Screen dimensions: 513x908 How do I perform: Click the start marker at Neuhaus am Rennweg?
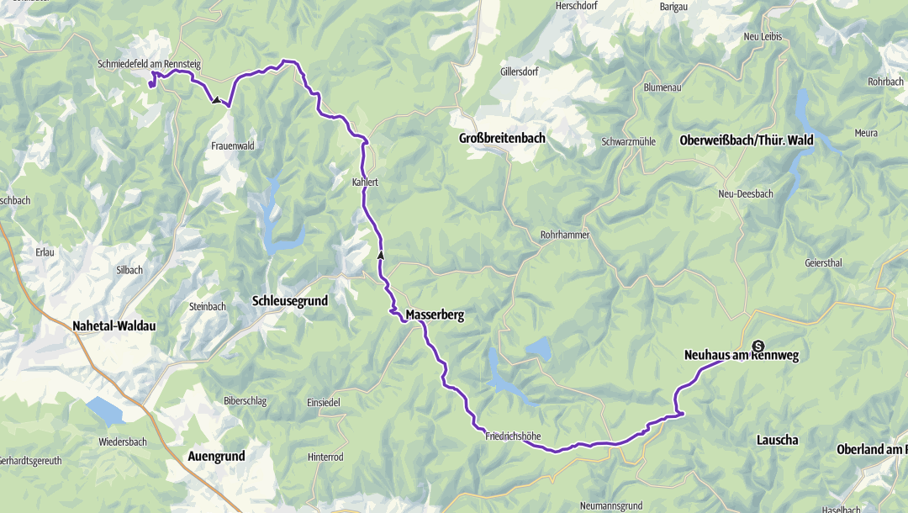[x=758, y=346]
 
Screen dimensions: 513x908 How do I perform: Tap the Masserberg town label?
[x=435, y=315]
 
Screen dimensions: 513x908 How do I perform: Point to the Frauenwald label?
[x=233, y=145]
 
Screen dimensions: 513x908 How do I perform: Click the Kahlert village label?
[x=366, y=181]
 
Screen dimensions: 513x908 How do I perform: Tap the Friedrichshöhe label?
[x=512, y=436]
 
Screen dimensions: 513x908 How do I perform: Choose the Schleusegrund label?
[x=290, y=300]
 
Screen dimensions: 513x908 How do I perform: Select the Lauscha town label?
[x=777, y=440]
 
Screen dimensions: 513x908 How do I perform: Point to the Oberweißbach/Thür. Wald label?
[x=747, y=140]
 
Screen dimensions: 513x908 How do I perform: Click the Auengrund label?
[x=216, y=456]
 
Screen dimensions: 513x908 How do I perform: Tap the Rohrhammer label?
[x=565, y=235]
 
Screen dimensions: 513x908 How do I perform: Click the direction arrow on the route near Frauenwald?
[x=217, y=100]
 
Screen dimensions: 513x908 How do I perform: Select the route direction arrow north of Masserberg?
[x=380, y=255]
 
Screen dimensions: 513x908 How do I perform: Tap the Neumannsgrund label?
[x=611, y=506]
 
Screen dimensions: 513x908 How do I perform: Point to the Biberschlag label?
[x=245, y=401]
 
